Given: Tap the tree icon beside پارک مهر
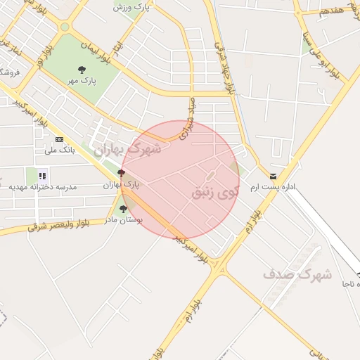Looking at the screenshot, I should click(x=82, y=70).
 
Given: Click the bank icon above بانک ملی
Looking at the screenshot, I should click(x=59, y=139).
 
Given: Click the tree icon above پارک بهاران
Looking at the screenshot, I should click(x=122, y=173).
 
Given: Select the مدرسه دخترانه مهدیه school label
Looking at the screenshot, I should click(x=42, y=187).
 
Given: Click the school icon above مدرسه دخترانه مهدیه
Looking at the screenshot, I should click(x=43, y=176).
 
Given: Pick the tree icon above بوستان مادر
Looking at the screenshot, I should click(x=124, y=209).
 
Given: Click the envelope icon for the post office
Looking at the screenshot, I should click(x=273, y=176).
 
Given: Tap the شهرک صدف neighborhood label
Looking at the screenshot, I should click(x=297, y=275).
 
